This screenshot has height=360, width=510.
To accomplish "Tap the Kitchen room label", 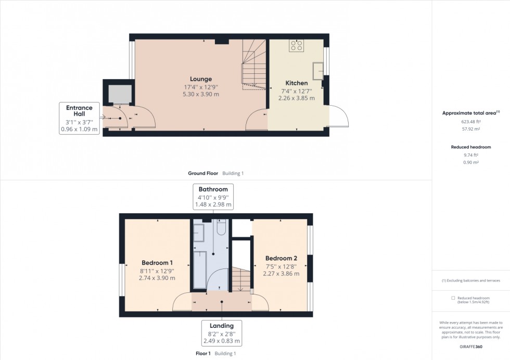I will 296,83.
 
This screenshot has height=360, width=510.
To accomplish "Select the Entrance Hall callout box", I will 79,119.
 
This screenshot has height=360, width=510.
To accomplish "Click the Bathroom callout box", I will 213,196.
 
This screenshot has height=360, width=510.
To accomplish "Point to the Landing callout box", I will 222,333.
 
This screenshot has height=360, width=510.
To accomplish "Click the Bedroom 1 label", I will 157,263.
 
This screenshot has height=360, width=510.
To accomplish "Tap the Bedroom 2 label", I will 281,259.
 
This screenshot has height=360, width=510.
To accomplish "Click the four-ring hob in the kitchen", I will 297,45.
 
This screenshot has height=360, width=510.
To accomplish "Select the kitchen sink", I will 317,70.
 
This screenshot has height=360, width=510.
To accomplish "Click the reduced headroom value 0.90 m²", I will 470,162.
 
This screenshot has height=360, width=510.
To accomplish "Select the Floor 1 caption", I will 202,354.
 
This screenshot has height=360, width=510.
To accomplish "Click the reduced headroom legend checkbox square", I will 453,298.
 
